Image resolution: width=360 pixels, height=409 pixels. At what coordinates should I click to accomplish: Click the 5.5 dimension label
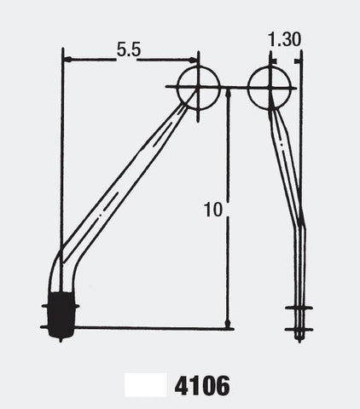(x=129, y=50)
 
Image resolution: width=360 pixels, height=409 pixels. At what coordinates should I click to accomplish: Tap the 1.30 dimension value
(x=284, y=39)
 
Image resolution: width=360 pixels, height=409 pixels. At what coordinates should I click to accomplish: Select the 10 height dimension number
(x=213, y=210)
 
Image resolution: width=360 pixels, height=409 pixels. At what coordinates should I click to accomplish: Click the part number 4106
(x=202, y=386)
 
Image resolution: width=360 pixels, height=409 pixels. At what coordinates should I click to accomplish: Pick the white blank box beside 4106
(x=146, y=385)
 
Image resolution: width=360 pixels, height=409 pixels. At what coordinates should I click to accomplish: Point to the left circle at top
(x=177, y=88)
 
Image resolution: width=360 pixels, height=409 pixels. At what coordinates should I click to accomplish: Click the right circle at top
(x=247, y=88)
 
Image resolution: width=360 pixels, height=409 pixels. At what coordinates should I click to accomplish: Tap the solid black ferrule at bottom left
(x=62, y=314)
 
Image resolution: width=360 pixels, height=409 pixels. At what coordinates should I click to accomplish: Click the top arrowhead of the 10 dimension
(x=228, y=93)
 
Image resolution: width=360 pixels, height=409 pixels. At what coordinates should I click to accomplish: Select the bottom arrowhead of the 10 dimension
(x=228, y=323)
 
